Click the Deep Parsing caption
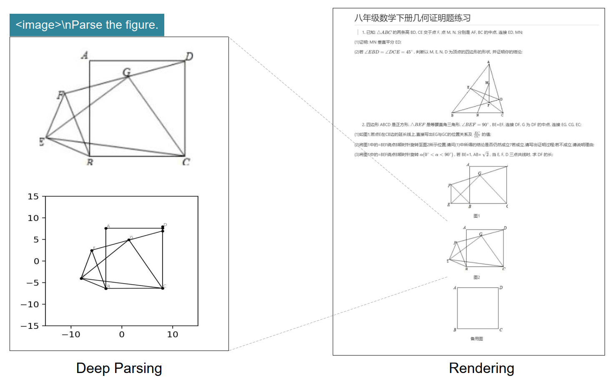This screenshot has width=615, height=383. pos(119,368)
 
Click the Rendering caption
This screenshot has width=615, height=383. pos(481,368)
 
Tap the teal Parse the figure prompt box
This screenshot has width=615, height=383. pos(87,25)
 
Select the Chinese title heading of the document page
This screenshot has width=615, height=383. pos(412,18)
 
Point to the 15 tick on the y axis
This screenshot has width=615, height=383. pos(33,196)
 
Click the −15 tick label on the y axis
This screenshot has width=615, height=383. pos(30,326)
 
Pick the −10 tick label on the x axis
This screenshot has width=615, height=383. pos(71,334)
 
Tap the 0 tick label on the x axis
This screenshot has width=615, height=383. pos(122,334)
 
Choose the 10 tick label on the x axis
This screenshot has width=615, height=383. pos(173,334)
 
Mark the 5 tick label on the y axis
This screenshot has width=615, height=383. pos(36,240)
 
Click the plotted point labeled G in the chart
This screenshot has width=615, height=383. pos(129,240)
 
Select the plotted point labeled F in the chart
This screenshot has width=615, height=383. pos(92,251)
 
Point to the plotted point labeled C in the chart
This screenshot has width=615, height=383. pos(163,288)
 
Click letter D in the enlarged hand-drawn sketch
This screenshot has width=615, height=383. pos(189,56)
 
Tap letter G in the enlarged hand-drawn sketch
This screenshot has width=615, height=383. pos(126,72)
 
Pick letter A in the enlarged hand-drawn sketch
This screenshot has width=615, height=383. pos(85,55)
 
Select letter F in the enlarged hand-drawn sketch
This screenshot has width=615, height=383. pos(61,95)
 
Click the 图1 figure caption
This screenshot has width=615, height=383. pos(477,216)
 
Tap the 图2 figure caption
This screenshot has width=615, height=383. pos(477,277)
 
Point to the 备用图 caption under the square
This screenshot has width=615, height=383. pos(477,339)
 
